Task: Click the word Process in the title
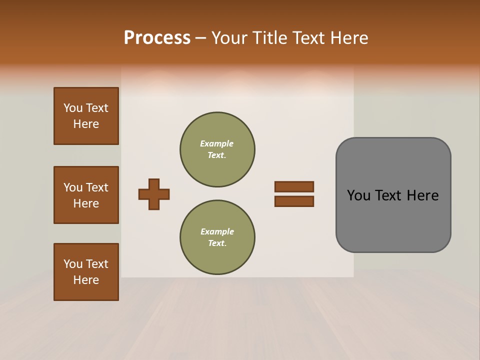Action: coord(157,38)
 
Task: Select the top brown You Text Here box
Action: coord(86,116)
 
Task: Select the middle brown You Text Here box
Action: coord(86,195)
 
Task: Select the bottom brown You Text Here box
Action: coord(86,272)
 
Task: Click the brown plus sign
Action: coord(154,194)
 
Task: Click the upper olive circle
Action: coord(217,149)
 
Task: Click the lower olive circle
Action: coord(217,237)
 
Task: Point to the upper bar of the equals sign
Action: coord(294,186)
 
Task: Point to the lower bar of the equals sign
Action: coord(294,201)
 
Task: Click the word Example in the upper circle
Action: coord(216,143)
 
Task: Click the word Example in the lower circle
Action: coord(217,231)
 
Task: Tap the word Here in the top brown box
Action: coord(86,124)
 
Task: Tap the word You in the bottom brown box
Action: coord(73,264)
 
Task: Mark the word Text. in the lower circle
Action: coord(217,243)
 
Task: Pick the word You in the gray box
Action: coord(358,195)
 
